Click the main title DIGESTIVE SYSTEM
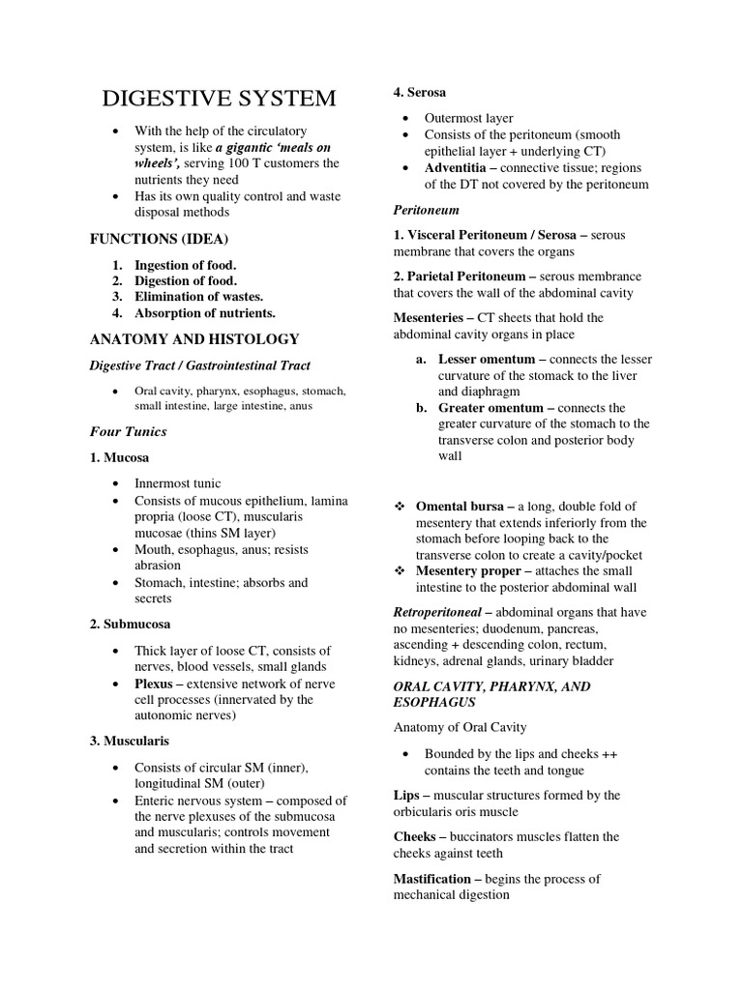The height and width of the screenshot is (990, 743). tap(220, 99)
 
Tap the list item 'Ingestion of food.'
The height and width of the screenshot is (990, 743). tap(185, 265)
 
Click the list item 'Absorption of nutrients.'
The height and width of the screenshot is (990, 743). tap(205, 312)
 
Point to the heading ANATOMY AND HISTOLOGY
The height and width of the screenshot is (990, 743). tap(194, 339)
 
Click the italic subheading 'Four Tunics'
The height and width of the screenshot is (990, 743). tap(129, 431)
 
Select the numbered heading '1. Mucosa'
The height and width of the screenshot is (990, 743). tap(120, 457)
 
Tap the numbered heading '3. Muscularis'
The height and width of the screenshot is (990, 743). tap(130, 741)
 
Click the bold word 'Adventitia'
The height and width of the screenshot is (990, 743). tap(459, 167)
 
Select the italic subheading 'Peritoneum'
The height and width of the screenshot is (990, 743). tap(426, 209)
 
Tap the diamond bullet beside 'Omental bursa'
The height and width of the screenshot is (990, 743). tap(399, 507)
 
